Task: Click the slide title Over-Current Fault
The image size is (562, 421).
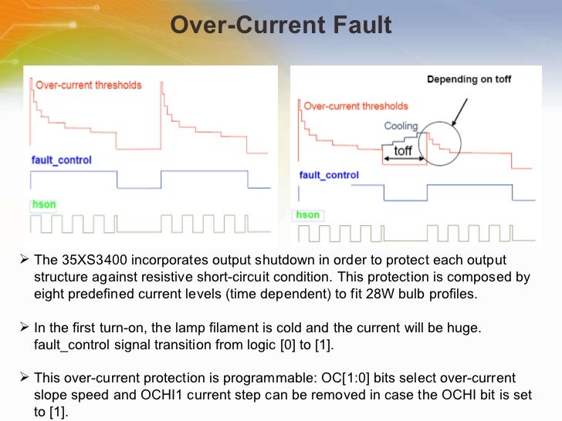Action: click(281, 26)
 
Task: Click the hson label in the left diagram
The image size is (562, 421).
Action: click(42, 204)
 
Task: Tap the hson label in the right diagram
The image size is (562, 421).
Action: click(307, 214)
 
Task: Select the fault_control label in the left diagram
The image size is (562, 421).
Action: click(62, 160)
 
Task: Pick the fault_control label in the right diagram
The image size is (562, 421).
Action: click(329, 175)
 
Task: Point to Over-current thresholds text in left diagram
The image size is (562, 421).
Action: click(89, 85)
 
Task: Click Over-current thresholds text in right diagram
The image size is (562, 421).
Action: click(356, 106)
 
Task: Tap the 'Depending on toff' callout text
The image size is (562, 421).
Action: click(469, 79)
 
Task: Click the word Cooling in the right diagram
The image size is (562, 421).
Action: click(401, 126)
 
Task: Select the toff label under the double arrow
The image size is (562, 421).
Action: click(403, 151)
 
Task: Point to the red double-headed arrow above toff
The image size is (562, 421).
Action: click(404, 160)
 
